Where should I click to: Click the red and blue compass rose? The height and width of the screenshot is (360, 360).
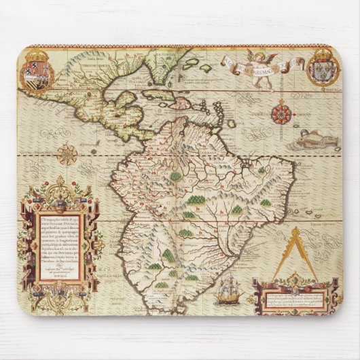coord(281,111)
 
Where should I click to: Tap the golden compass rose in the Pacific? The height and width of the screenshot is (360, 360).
coord(67,155)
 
